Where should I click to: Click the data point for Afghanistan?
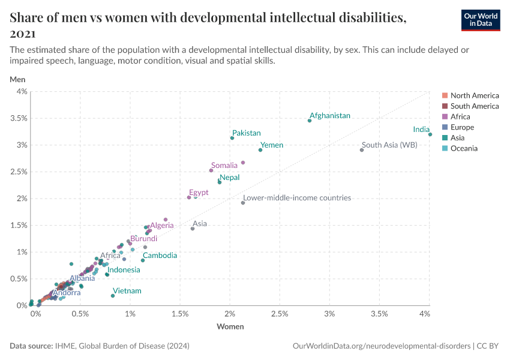[x=310, y=121]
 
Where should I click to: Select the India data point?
[x=430, y=134]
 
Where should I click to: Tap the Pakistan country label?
[x=247, y=133]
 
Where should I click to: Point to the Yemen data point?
[x=260, y=150]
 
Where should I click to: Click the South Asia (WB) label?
[x=389, y=145]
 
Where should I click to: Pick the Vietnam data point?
[x=113, y=296]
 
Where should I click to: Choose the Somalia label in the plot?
[x=224, y=165]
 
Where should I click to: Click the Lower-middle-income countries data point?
[x=243, y=203]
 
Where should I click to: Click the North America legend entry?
[x=474, y=95]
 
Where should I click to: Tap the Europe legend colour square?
[x=445, y=127]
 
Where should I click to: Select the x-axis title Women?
[x=230, y=326]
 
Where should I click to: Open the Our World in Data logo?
[x=480, y=20]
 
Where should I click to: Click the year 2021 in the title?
[x=22, y=34]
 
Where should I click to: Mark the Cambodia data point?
[x=143, y=260]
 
